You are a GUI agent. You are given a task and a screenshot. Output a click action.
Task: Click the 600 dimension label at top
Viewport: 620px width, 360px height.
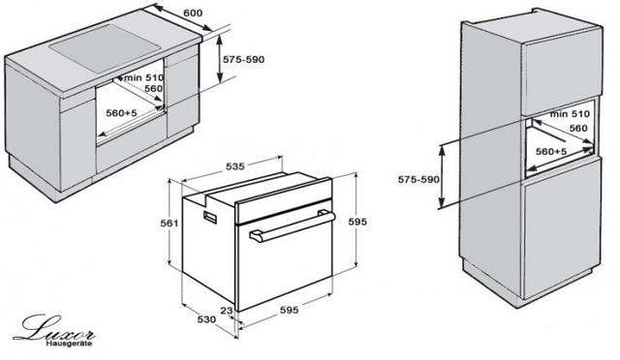click(x=193, y=13)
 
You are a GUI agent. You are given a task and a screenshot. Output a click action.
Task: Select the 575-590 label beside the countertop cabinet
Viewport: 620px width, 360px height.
click(x=243, y=60)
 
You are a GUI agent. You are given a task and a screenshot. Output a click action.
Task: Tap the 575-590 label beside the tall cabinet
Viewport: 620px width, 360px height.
click(x=418, y=180)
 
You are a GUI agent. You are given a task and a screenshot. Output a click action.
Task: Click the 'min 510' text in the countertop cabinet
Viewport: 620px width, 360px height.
click(x=143, y=77)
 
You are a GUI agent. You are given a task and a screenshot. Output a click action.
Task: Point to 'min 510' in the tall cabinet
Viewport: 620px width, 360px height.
click(x=570, y=114)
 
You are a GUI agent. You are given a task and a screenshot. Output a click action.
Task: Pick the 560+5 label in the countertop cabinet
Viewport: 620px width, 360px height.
click(x=121, y=113)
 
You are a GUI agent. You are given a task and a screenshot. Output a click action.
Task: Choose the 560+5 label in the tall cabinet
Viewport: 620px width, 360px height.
click(x=551, y=151)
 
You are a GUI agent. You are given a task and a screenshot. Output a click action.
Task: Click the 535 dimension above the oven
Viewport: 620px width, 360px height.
click(x=235, y=166)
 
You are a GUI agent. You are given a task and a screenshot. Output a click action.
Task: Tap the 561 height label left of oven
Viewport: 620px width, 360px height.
click(x=170, y=224)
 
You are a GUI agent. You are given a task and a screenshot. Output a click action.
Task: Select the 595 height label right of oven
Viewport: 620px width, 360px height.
click(x=357, y=222)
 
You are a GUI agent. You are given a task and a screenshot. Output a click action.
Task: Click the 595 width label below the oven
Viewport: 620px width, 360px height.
click(x=289, y=311)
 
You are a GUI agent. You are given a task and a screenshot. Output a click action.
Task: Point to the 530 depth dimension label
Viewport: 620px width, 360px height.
click(x=206, y=319)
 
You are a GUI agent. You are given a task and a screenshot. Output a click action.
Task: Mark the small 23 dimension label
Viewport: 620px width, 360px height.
click(x=227, y=311)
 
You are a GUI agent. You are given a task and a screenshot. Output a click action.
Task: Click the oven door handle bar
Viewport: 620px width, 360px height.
click(x=293, y=226)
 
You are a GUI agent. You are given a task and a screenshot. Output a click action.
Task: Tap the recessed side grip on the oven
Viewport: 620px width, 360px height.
click(x=210, y=217)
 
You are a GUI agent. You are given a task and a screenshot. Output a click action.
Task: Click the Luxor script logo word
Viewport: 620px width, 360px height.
click(x=54, y=329)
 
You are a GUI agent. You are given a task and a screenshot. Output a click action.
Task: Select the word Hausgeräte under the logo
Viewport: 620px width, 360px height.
click(x=69, y=344)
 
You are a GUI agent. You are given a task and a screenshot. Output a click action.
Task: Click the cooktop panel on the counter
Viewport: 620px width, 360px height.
click(x=106, y=47)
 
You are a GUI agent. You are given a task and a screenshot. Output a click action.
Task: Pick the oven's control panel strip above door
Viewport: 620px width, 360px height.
click(x=283, y=201)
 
